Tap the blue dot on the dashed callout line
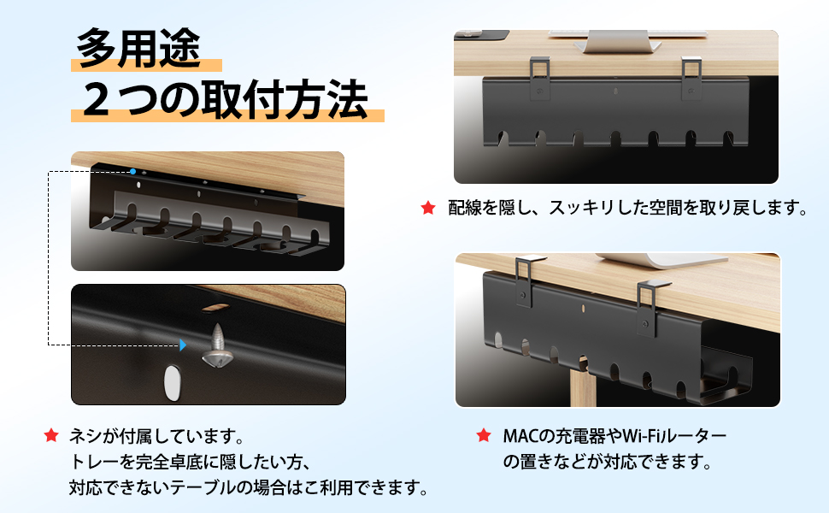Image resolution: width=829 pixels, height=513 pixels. [133, 172]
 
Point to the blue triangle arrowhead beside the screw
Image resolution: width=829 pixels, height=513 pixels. [182, 345]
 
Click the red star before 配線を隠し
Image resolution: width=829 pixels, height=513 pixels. [427, 208]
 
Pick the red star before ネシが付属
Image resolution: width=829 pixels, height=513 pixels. [51, 436]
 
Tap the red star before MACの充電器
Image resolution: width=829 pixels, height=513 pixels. [484, 436]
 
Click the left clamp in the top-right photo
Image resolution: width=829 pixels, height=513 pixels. [539, 72]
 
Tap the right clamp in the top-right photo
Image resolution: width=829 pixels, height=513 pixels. [692, 72]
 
